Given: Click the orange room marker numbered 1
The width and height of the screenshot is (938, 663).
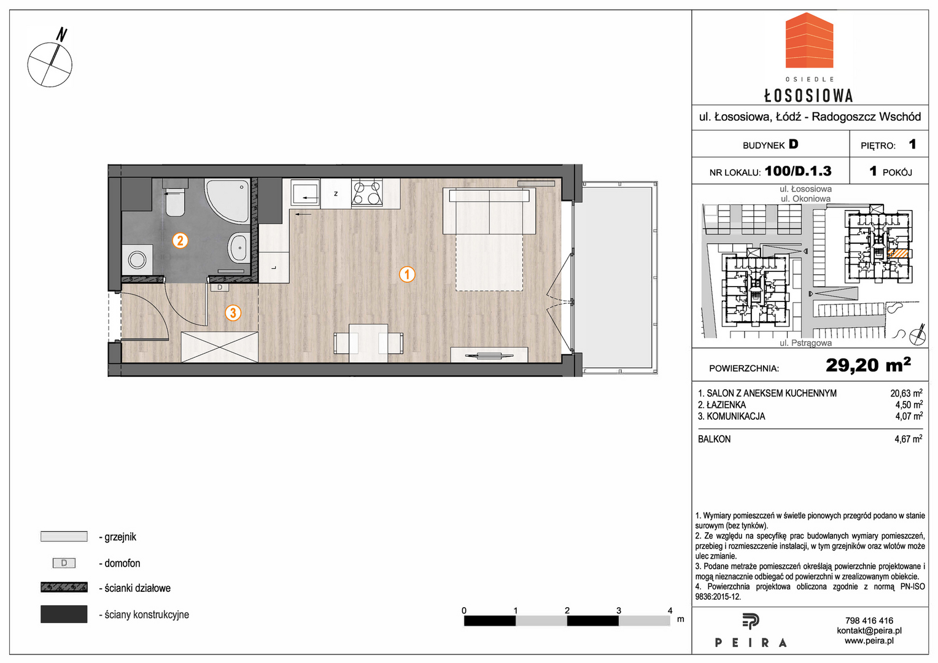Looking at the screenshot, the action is tap(407, 275).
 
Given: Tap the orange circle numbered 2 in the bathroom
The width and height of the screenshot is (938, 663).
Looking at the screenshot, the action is tap(180, 241).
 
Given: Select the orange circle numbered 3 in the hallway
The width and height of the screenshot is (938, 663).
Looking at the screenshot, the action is tap(233, 312).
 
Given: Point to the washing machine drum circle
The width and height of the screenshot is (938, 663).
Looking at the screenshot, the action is tap(137, 259).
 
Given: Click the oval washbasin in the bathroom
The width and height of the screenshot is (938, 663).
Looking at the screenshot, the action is tap(239, 249).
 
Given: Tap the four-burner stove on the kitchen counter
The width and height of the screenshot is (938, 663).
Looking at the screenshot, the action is tap(367, 193).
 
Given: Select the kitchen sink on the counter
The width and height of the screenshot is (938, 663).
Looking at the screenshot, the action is tap(305, 193).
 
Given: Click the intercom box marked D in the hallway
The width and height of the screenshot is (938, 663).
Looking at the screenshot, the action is tap(220, 288).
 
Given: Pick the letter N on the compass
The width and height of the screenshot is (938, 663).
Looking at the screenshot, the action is tap(62, 34).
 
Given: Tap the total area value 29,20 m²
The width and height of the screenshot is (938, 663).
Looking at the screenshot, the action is tap(867, 365).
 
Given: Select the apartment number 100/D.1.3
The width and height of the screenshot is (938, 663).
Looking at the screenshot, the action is tap(797, 171).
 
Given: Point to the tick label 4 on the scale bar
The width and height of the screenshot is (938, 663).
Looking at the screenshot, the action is tap(670, 610).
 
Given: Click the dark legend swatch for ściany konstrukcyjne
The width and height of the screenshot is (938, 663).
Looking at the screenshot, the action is tap(64, 614).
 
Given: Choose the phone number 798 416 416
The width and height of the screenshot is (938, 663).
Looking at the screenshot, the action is tap(869, 621).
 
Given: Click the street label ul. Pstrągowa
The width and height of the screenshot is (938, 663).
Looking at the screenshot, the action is tap(805, 343).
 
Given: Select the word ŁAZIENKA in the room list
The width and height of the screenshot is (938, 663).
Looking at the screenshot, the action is tap(726, 405).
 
